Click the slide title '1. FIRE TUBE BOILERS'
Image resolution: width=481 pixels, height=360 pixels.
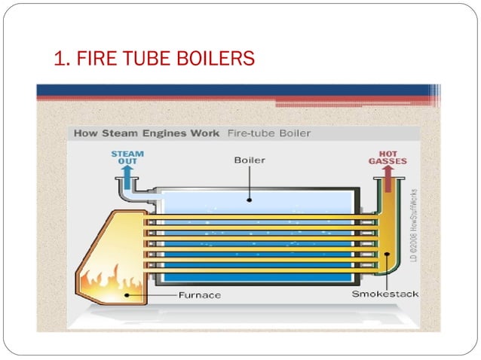click(155, 58)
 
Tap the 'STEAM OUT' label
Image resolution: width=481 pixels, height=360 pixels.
click(127, 157)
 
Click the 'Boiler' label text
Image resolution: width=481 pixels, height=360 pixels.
click(249, 160)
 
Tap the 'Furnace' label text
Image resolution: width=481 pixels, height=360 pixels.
click(199, 294)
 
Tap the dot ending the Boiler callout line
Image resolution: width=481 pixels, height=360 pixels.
click(250, 199)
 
